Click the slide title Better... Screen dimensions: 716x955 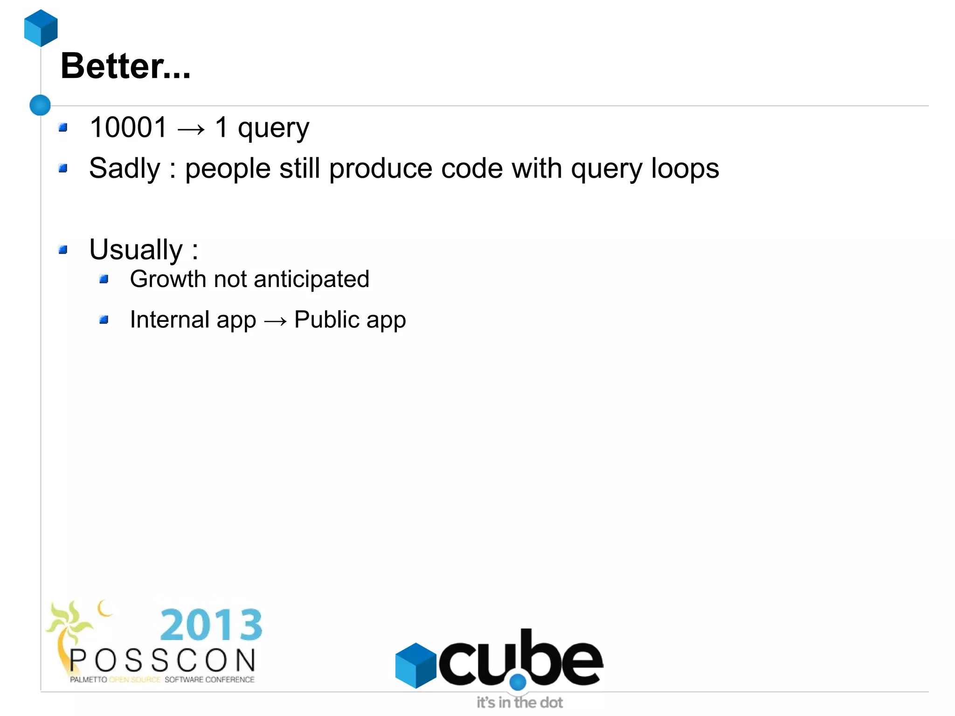[125, 66]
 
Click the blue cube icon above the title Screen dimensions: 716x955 [41, 28]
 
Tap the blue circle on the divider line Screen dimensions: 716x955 [40, 105]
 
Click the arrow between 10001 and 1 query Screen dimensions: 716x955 [191, 129]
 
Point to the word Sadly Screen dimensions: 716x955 [125, 168]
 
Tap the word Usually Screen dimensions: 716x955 [136, 250]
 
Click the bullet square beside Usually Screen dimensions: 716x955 [63, 250]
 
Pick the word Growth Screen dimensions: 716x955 [168, 279]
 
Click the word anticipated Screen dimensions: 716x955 [311, 279]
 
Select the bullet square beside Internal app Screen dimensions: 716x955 [104, 320]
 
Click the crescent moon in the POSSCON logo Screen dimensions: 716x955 [104, 608]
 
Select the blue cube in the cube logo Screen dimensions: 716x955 [415, 665]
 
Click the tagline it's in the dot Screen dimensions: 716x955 [519, 702]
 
